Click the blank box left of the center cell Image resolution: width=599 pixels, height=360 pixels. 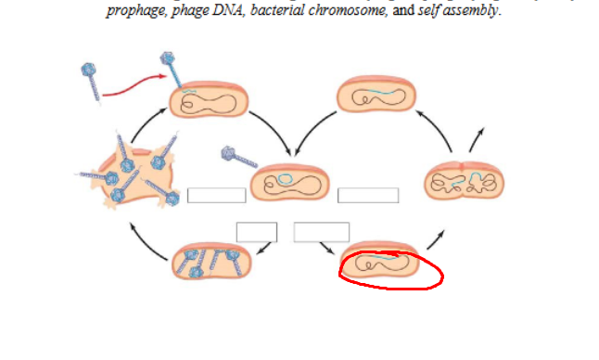(216, 195)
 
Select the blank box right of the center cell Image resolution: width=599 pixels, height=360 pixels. (368, 195)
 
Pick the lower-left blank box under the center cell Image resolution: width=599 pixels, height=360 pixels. (257, 232)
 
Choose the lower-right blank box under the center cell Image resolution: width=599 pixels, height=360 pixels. (322, 232)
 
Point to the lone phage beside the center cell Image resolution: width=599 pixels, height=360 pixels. (236, 157)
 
